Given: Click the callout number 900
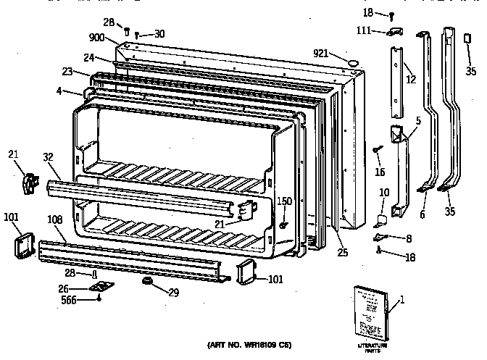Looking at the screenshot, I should (x=98, y=38).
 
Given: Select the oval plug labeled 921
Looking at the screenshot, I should (x=352, y=64).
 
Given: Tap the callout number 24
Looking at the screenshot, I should (x=88, y=58).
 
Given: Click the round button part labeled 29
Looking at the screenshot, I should (x=147, y=280).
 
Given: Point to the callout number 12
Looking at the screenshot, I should (x=411, y=80).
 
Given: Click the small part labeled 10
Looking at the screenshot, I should (x=382, y=217).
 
